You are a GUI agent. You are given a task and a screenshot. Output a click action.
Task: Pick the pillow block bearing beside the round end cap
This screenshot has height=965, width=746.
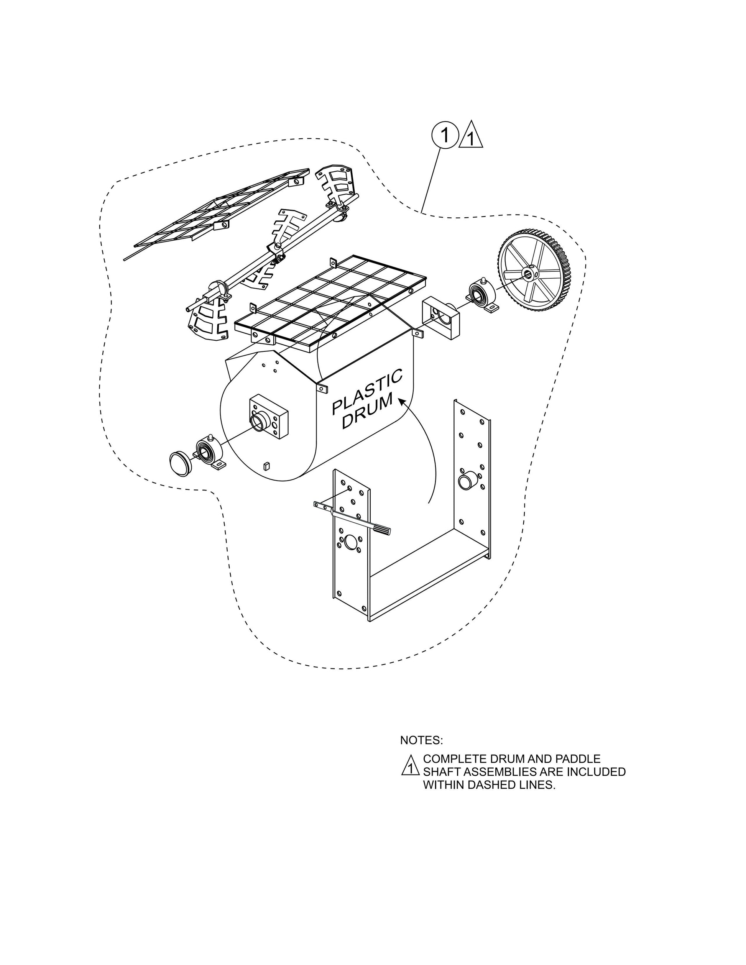click(209, 451)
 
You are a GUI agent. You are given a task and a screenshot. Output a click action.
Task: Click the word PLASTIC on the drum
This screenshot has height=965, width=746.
click(366, 391)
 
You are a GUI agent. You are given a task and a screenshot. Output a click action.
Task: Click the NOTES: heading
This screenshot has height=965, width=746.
click(421, 740)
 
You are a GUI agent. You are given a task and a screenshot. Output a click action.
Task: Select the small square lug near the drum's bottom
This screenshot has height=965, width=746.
click(266, 465)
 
